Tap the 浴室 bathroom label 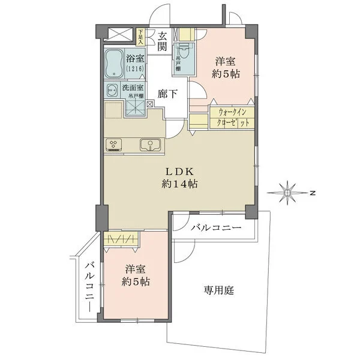(134, 59)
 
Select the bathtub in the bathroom (114, 65)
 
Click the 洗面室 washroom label (133, 88)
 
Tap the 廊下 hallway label (167, 94)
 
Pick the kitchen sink (149, 144)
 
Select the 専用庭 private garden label (218, 290)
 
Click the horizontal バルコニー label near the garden (216, 228)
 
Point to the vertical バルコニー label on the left (89, 285)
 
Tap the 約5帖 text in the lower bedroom (136, 282)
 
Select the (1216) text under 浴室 (134, 69)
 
